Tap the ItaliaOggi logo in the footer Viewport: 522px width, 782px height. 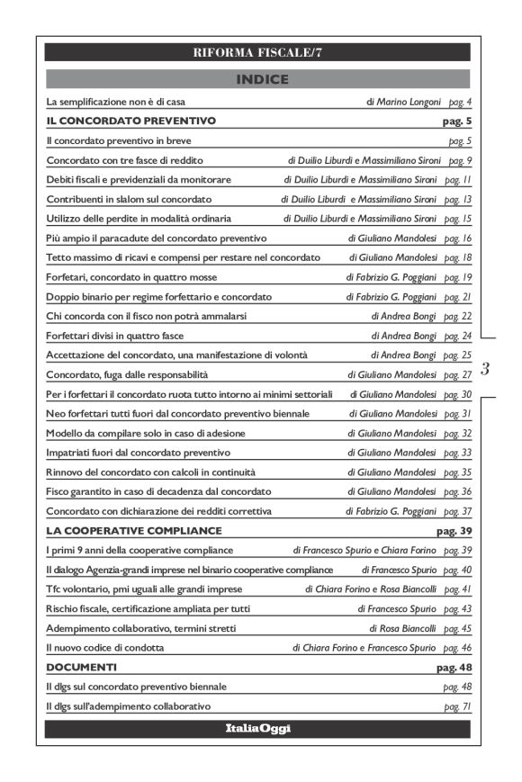[x=258, y=728]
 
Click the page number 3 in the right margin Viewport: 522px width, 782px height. [x=485, y=368]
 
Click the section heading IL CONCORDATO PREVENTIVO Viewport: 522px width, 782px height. [x=130, y=120]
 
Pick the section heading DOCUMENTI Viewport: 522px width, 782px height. [x=81, y=668]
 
